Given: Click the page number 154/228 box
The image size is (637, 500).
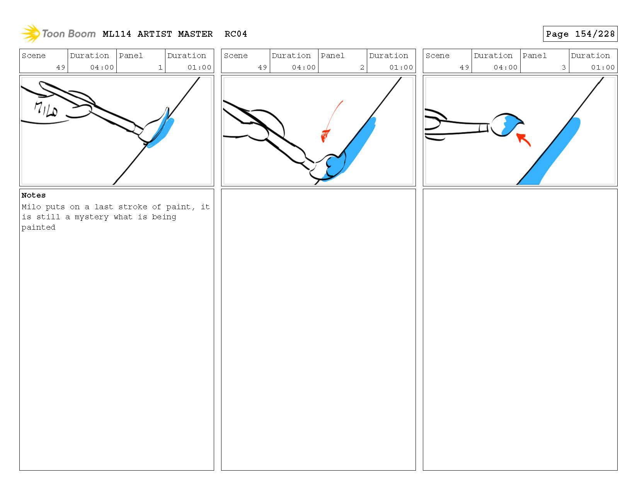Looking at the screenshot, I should click(580, 34).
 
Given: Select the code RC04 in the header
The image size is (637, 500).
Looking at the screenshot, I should click(236, 34).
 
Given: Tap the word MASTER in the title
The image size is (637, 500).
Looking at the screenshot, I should click(195, 34).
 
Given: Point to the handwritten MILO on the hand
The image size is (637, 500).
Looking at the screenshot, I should click(46, 109).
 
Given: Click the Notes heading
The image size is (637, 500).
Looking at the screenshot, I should click(34, 195).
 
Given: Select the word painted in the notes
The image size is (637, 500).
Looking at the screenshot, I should click(38, 227).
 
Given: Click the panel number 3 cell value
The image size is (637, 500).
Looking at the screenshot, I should click(564, 67).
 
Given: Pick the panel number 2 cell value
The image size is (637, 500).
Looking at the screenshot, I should click(362, 67).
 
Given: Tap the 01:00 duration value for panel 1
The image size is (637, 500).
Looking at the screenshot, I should click(199, 67).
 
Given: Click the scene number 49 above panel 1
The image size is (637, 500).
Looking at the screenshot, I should click(61, 67).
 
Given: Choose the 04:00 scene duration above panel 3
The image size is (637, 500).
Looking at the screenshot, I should click(505, 67).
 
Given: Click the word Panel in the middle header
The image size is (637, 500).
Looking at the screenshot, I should click(332, 56).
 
